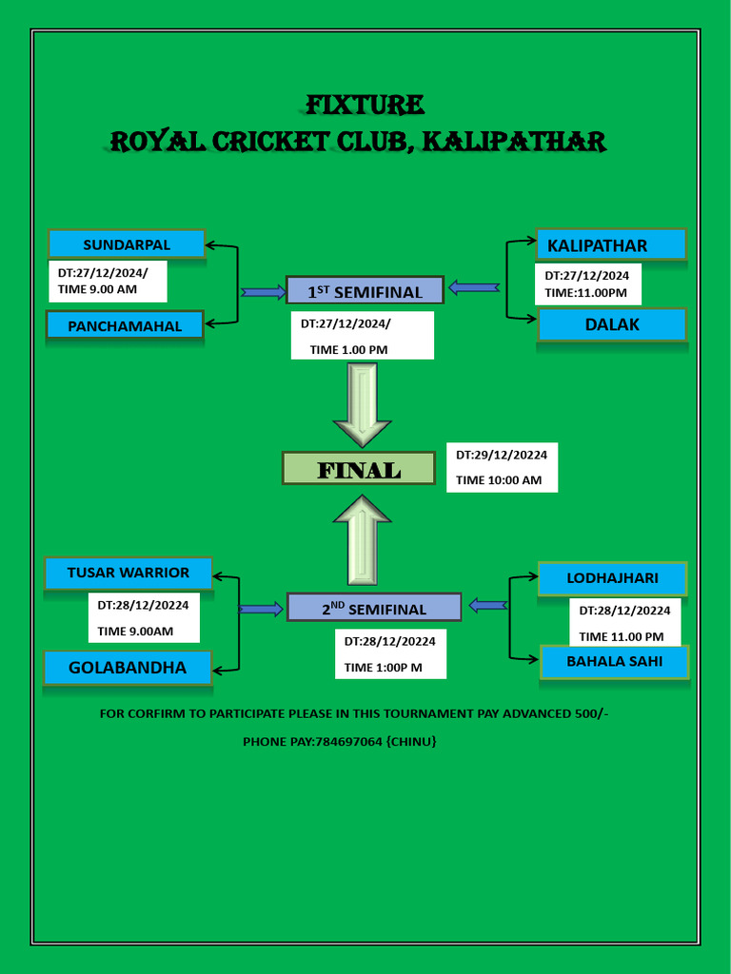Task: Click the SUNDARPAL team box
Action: [x=127, y=244]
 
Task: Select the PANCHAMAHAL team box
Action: [x=126, y=325]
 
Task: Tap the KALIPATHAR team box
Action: [x=610, y=245]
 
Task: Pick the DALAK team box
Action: [x=612, y=324]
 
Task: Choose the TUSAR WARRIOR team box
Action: [x=128, y=573]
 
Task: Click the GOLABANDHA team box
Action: [x=128, y=667]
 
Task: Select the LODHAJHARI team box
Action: [x=612, y=578]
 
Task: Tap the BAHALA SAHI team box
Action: [x=614, y=661]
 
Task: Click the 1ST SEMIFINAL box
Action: [x=365, y=291]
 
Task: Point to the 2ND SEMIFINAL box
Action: [x=374, y=608]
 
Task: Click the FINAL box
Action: [x=359, y=469]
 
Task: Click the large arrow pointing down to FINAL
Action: [x=363, y=404]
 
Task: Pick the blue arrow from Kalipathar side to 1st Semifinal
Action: [x=474, y=286]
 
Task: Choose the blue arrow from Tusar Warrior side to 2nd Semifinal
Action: [x=261, y=608]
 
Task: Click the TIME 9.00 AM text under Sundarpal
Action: [x=98, y=288]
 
